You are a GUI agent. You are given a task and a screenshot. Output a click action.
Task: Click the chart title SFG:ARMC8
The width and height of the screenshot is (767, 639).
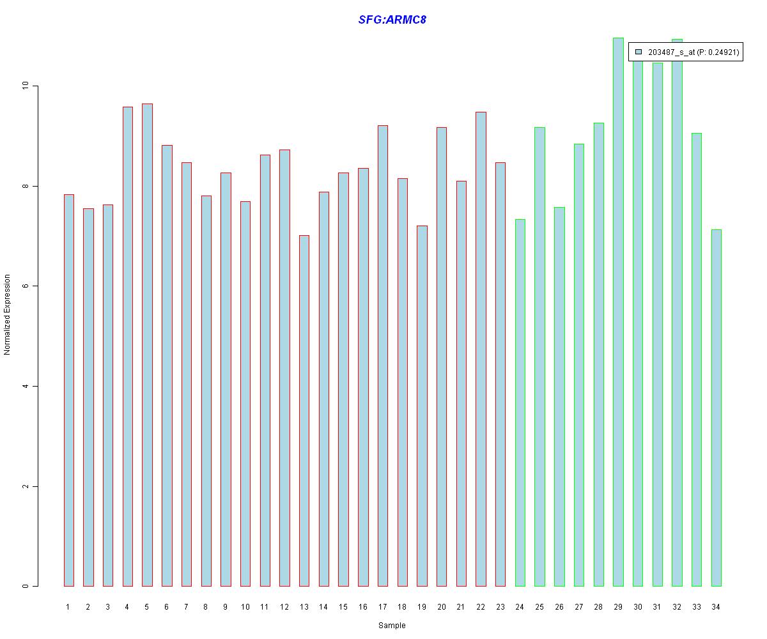tap(392, 20)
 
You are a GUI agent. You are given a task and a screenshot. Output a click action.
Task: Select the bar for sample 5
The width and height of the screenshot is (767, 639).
tap(147, 345)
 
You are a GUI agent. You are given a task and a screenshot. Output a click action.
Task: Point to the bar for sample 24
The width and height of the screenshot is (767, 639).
tap(520, 403)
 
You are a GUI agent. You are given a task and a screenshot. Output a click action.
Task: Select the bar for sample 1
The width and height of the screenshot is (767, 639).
tap(68, 390)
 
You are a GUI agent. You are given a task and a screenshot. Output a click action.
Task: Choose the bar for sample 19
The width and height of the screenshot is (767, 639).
tap(422, 406)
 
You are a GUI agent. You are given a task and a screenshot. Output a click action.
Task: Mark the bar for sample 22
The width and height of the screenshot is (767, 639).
tap(481, 349)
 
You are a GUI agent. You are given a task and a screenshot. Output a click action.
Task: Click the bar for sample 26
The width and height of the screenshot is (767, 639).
tap(559, 396)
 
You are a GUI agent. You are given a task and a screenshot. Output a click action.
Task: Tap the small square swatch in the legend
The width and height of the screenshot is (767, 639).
tap(638, 52)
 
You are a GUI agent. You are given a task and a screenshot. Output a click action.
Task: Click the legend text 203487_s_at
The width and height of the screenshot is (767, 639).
tap(671, 52)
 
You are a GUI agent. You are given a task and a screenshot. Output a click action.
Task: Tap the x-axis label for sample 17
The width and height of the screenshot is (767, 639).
tap(382, 607)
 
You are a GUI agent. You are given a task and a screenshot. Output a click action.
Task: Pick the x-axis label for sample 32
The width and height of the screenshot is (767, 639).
tap(677, 607)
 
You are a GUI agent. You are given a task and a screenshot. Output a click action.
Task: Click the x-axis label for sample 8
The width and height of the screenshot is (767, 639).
tap(206, 607)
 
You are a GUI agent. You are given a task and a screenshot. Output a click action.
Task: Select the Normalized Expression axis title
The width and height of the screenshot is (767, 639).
tap(8, 314)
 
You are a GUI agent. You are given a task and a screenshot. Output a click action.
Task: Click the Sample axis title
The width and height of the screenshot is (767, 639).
tap(392, 626)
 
